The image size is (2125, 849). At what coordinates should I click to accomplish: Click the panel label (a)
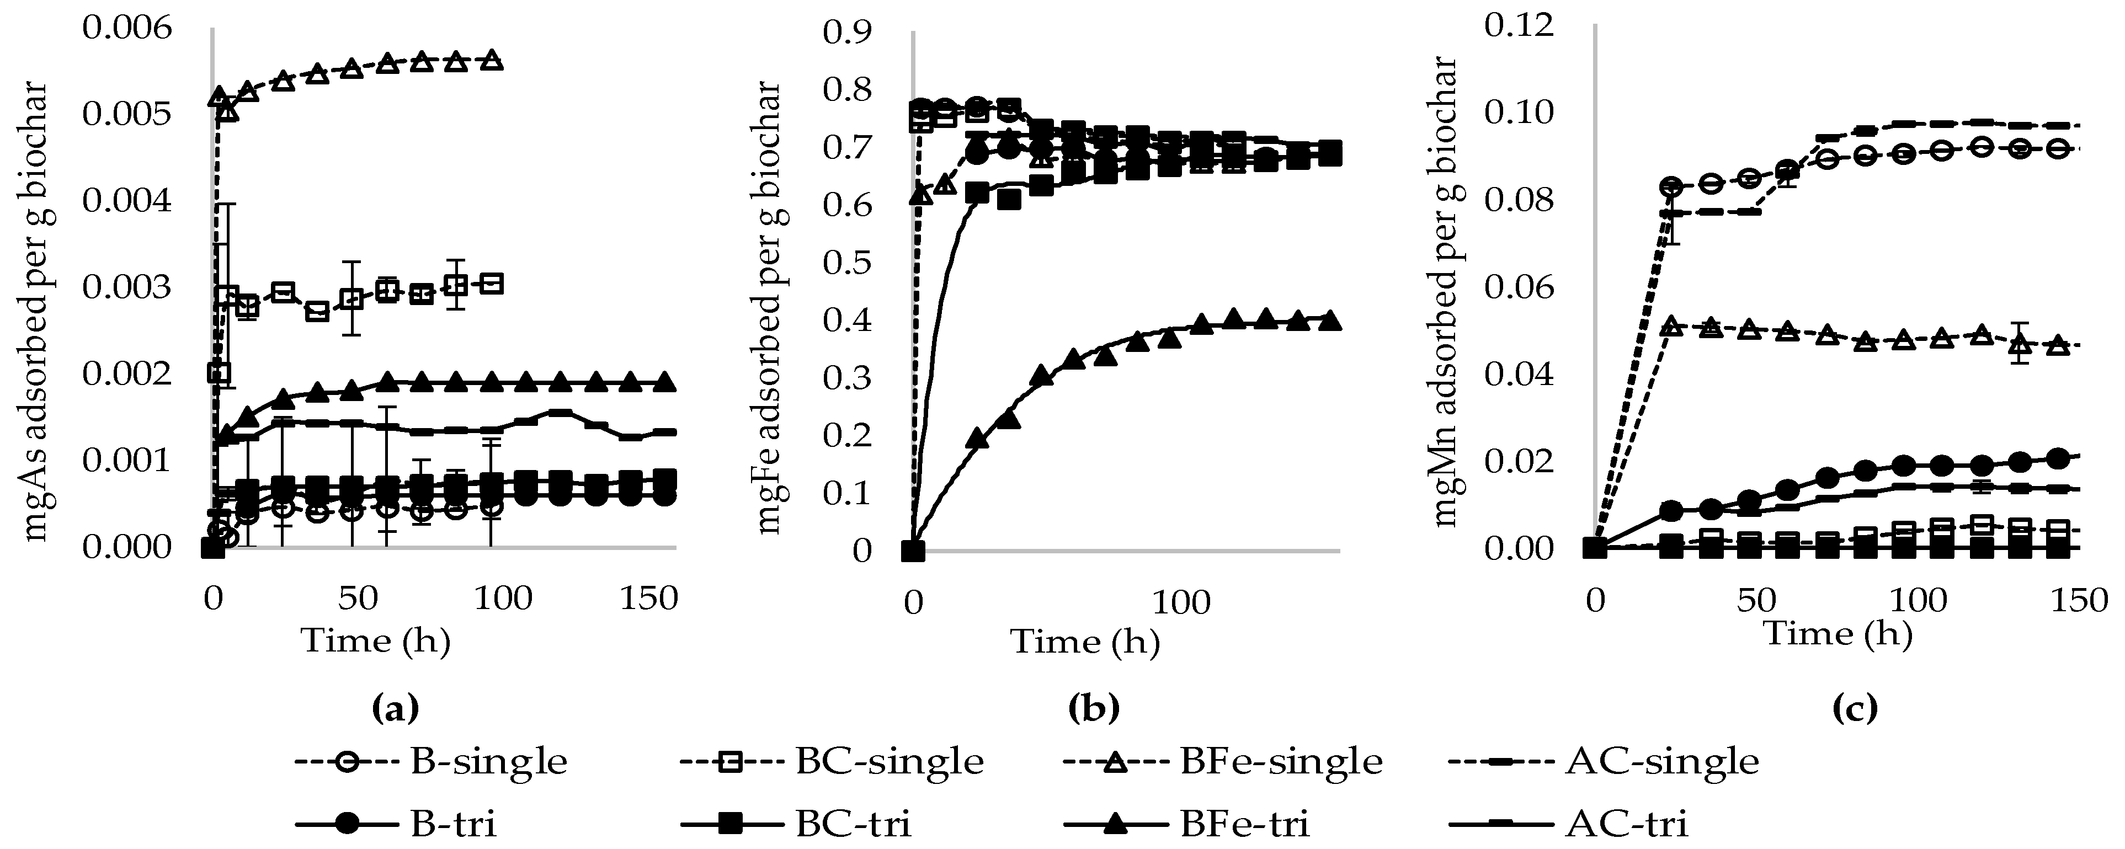pos(396,707)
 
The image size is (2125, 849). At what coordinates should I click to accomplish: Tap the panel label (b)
pos(1094,707)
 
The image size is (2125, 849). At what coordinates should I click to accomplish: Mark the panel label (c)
pos(1855,707)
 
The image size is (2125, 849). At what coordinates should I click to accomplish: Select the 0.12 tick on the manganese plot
pos(1519,25)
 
